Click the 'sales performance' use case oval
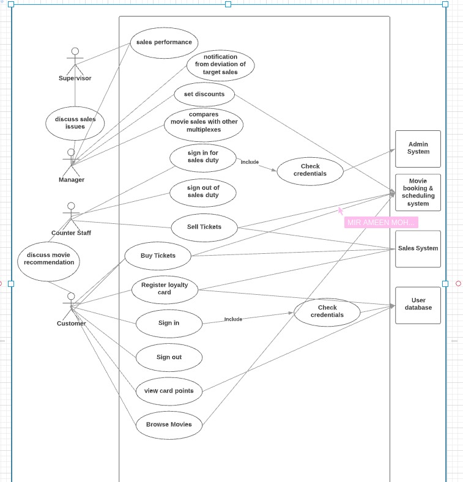pos(164,43)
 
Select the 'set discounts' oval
pos(204,94)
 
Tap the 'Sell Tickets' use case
pos(204,228)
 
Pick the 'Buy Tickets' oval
pos(158,256)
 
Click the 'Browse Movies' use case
pos(169,425)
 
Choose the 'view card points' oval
pos(169,391)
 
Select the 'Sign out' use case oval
pos(169,357)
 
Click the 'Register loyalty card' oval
pos(165,289)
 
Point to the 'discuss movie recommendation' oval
pos(48,262)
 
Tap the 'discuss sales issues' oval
pos(75,124)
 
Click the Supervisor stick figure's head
pos(75,51)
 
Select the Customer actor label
pos(72,324)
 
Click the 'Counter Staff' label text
pos(71,232)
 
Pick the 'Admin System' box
pos(418,149)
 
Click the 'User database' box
pos(418,305)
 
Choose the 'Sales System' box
pos(418,249)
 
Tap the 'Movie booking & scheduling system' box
pos(418,193)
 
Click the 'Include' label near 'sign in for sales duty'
pos(250,162)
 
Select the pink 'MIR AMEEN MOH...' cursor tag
pos(381,222)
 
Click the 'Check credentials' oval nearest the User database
pos(327,312)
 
